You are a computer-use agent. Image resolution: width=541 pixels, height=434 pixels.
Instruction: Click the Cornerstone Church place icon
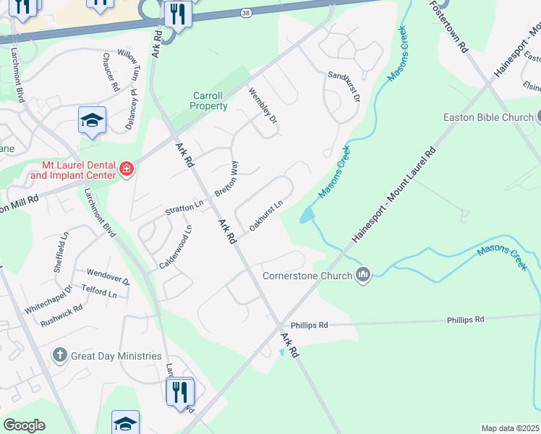[x=363, y=275]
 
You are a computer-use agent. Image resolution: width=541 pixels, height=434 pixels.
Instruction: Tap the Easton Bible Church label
[x=487, y=117]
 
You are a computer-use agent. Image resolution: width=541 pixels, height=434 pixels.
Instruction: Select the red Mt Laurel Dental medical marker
[x=127, y=170]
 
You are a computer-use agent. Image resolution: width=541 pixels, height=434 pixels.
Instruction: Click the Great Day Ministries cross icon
[x=61, y=355]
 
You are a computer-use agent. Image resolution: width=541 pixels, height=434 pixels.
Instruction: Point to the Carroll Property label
[x=209, y=101]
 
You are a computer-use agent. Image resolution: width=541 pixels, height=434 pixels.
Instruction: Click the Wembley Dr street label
[x=263, y=104]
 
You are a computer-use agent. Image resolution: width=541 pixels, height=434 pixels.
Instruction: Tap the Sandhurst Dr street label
[x=344, y=86]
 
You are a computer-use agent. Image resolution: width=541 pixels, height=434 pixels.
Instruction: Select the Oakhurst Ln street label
[x=265, y=216]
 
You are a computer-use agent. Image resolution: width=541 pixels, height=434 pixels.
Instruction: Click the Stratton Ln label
[x=184, y=208]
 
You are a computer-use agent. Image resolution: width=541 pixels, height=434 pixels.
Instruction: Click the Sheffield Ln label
[x=61, y=250]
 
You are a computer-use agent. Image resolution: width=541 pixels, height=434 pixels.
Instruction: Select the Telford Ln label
[x=99, y=293]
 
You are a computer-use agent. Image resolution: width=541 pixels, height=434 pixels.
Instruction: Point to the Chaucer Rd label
[x=110, y=72]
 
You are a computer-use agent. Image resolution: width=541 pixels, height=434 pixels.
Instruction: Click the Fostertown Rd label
[x=448, y=26]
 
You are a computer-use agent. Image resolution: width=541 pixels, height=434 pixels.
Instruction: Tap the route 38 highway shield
[x=247, y=12]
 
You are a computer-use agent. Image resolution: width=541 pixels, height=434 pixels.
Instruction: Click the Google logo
[x=24, y=425]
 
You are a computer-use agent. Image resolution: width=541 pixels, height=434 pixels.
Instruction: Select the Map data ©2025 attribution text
[x=510, y=428]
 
